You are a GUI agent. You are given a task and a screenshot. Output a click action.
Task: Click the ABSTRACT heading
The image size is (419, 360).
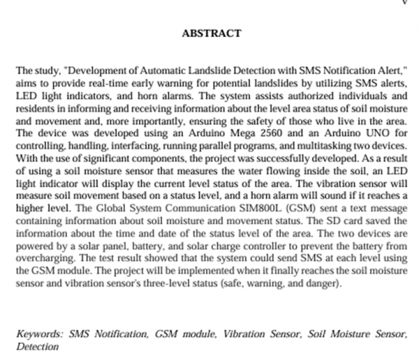[211, 33]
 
